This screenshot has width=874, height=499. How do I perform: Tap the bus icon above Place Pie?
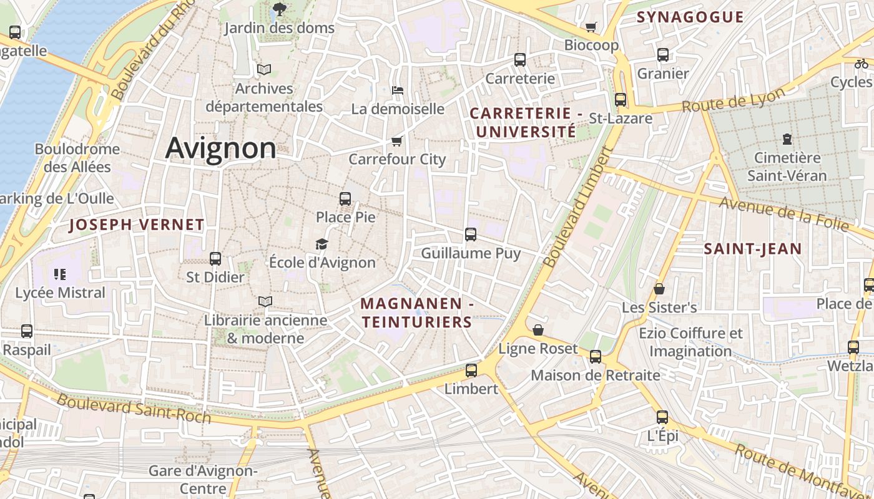coord(345,199)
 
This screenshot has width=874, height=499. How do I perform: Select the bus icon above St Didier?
coord(215,258)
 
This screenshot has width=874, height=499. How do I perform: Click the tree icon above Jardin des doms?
coord(279,9)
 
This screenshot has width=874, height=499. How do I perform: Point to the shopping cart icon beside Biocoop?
coord(591,27)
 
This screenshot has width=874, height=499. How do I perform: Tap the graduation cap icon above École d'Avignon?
coord(322,244)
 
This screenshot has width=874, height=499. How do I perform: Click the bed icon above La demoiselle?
coord(398,90)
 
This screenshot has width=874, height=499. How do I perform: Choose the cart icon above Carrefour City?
coord(396,141)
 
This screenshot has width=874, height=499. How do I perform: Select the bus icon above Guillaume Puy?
coord(471,235)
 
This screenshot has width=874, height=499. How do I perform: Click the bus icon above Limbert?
coord(471,370)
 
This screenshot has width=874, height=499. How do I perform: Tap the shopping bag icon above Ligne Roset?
coord(538,330)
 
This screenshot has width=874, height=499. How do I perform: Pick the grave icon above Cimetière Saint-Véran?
coord(787,138)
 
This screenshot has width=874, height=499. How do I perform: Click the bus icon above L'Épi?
coord(662,417)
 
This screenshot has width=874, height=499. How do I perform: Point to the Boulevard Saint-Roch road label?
coord(134,409)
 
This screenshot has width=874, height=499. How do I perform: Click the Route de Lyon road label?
coord(733,100)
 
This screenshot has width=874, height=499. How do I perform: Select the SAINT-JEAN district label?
coord(753,249)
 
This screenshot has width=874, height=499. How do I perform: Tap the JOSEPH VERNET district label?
coord(137,225)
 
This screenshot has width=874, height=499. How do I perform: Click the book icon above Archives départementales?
coord(264,69)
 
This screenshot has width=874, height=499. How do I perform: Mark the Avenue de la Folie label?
coord(783,214)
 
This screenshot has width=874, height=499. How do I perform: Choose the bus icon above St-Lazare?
coord(621,99)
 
